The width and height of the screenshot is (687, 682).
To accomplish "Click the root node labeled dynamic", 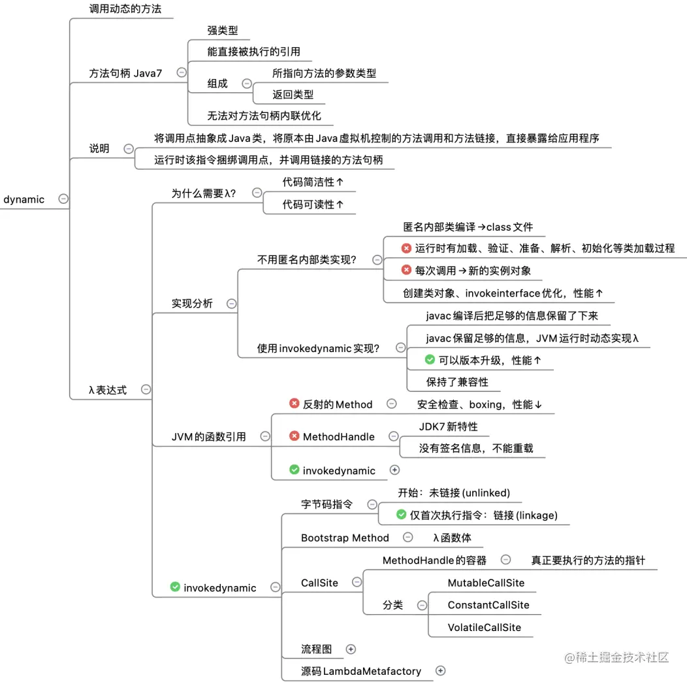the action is coord(24,199).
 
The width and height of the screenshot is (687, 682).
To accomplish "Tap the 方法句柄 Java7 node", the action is coord(125,73).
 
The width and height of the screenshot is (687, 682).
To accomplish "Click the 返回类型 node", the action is coord(293,95).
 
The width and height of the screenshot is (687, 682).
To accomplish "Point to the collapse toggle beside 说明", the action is coord(129,148).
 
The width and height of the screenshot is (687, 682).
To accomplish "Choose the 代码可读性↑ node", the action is coord(313,204).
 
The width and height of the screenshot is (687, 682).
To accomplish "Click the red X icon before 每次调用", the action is coord(406,270).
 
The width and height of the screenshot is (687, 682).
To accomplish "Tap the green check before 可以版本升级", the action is coord(430,359).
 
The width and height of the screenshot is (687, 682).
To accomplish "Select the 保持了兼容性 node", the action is coord(457,382).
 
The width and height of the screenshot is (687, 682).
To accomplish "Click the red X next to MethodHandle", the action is coord(295,436).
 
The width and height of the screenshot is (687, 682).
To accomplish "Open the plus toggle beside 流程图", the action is coord(351,649).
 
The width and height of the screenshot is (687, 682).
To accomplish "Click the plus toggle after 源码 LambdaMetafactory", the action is coord(440,670).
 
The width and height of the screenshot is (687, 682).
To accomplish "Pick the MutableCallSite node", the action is coord(486,583).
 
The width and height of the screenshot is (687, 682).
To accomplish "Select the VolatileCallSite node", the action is coord(484,627).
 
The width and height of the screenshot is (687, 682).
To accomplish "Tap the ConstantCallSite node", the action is coord(488,605).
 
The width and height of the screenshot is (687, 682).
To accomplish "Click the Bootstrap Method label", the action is coord(345,538).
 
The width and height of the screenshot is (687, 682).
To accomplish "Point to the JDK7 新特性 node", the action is coord(448,427).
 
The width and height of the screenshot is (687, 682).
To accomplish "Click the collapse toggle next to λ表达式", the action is coord(146,389).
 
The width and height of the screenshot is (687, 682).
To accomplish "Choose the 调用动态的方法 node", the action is coord(125,9).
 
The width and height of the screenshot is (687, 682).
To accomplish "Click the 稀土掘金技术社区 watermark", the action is coord(617,657).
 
